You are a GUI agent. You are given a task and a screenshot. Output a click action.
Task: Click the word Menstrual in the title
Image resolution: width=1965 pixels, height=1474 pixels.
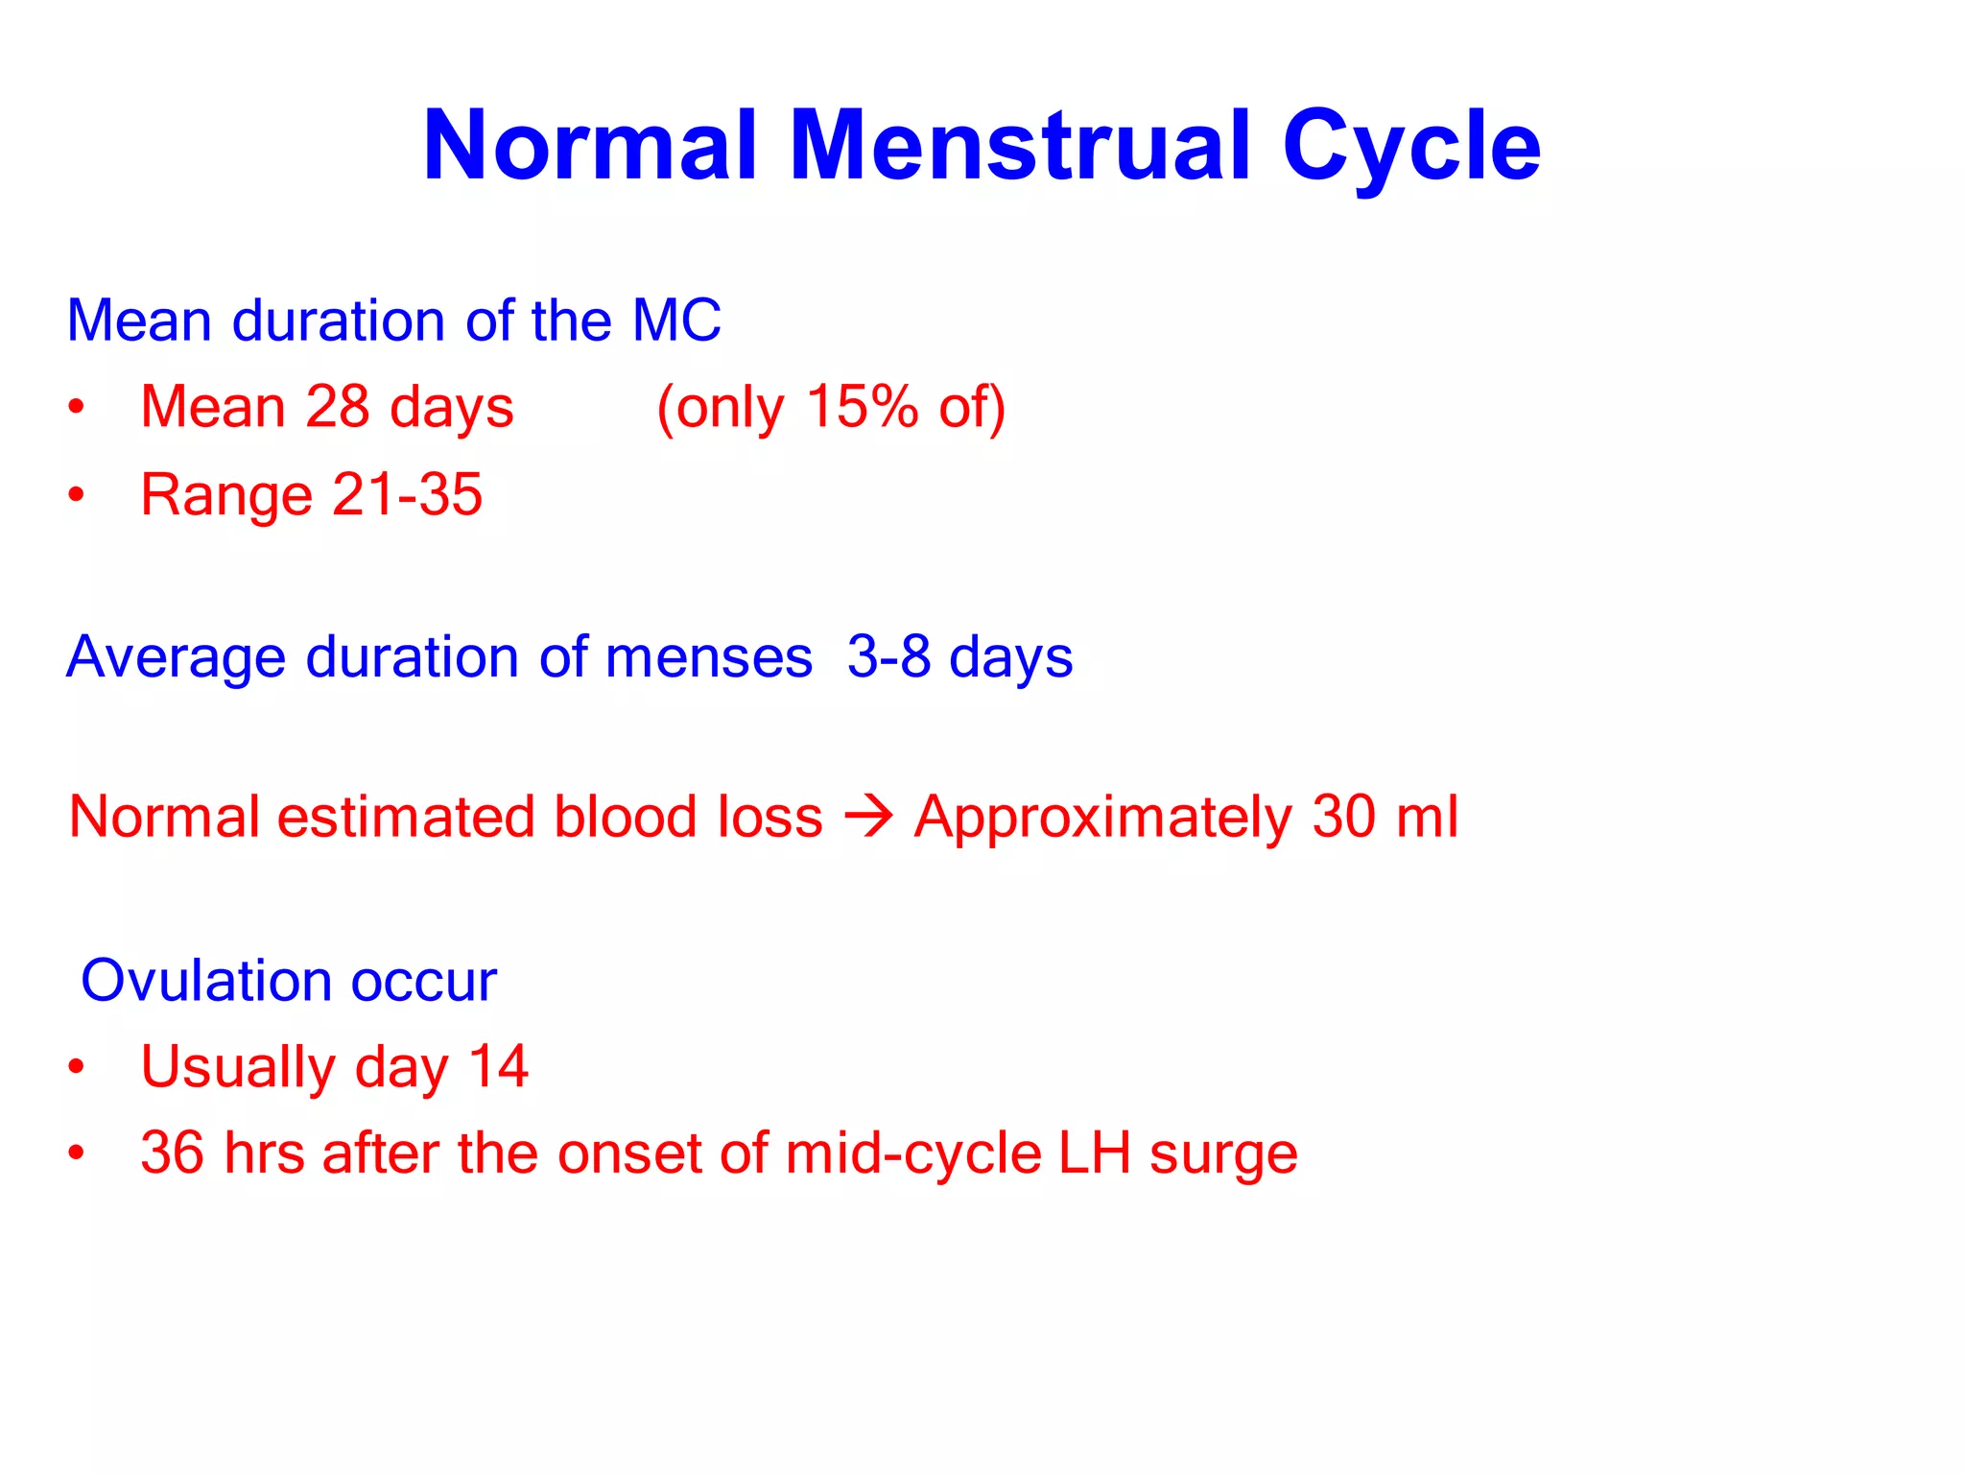[x=1021, y=146]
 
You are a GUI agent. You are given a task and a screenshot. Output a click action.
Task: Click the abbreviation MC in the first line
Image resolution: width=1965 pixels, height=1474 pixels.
[x=676, y=321]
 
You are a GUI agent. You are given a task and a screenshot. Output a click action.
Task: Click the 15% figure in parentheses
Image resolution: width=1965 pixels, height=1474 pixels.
[x=862, y=406]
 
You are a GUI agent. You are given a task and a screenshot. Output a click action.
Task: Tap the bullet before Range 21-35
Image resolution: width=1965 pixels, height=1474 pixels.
[x=77, y=495]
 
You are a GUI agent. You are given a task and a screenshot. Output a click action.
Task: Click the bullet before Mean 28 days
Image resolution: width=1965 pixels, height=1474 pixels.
[x=77, y=407]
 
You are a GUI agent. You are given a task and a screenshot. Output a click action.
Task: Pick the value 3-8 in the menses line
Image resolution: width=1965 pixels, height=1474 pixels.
[x=888, y=657]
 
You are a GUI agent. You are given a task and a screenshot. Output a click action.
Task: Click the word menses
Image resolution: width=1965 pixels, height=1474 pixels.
[x=709, y=657]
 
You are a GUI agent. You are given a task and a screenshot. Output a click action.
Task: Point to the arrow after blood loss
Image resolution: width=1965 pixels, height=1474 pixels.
[x=868, y=818]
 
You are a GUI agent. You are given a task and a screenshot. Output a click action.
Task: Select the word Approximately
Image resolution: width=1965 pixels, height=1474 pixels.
[x=1102, y=818]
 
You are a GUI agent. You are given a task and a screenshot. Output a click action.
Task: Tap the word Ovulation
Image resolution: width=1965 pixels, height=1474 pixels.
[x=205, y=981]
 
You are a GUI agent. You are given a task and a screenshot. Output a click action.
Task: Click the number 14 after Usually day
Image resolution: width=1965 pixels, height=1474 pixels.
[x=498, y=1066]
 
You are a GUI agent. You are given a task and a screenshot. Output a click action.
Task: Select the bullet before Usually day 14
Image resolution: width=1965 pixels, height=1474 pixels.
[x=77, y=1067]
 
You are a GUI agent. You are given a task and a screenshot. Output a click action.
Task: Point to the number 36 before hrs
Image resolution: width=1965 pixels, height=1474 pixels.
[x=173, y=1153]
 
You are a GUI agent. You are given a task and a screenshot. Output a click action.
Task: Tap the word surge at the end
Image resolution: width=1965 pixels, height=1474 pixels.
[x=1223, y=1154]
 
